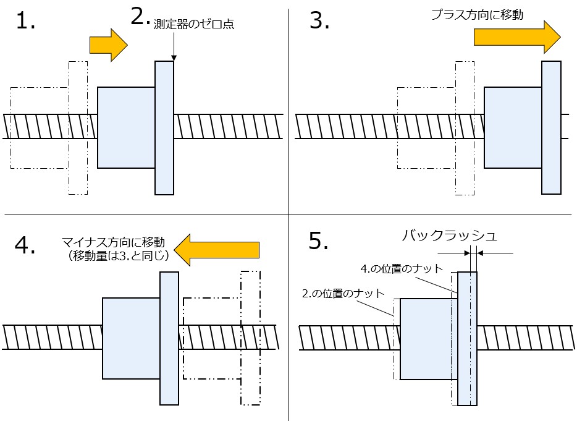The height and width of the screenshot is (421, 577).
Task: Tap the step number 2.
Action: [140, 17]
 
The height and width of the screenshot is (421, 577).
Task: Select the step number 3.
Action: [319, 22]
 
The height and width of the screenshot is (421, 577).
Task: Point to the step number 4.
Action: [25, 245]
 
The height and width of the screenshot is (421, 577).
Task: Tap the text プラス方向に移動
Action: [478, 15]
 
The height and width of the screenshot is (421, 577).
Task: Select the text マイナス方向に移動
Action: [114, 242]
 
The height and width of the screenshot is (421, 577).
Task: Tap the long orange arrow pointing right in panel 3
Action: [516, 36]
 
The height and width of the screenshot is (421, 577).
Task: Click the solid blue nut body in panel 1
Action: [126, 127]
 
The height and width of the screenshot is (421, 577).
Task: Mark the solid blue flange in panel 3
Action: [551, 127]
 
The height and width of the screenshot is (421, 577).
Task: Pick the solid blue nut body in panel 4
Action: [131, 338]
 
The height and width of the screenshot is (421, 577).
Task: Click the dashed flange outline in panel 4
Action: [251, 338]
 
